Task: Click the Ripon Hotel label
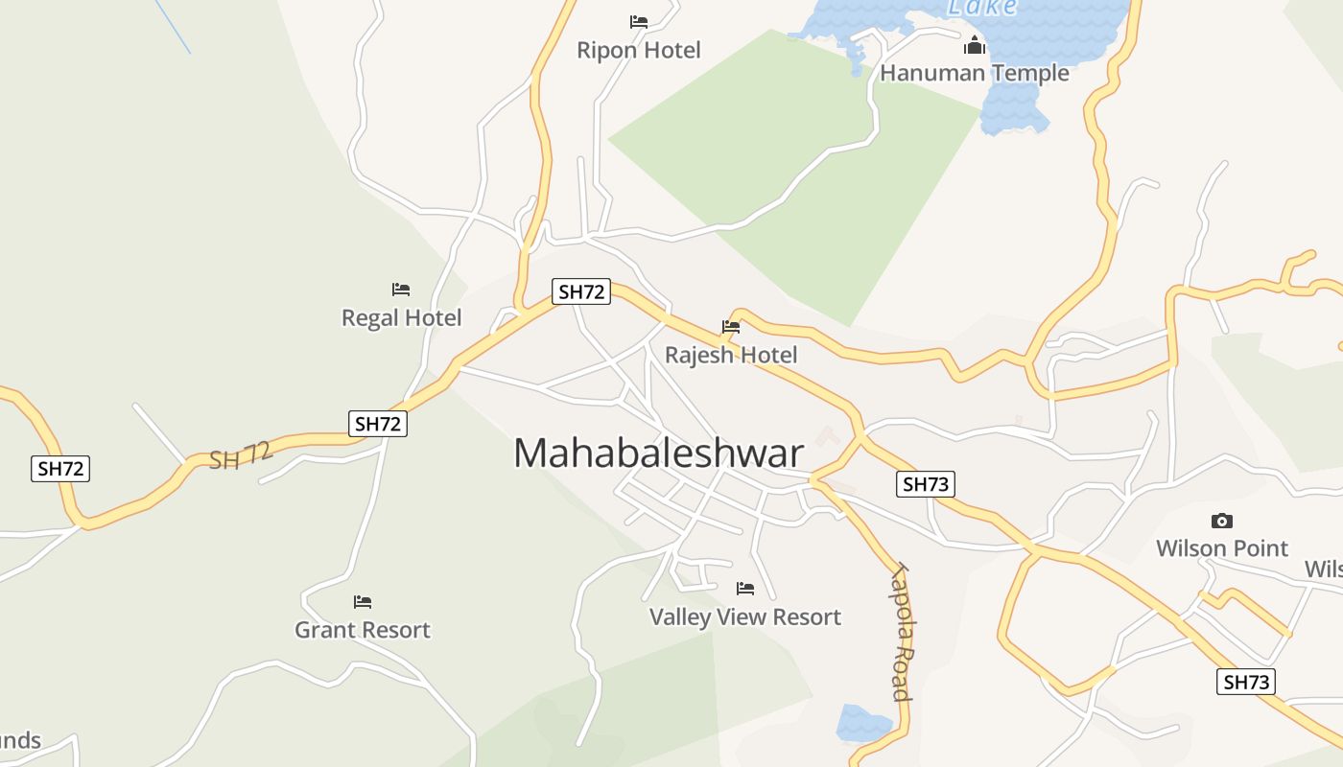(639, 50)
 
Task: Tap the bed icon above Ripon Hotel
(639, 21)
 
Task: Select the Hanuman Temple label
(974, 73)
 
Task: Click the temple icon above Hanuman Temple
(975, 45)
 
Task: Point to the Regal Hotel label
(402, 317)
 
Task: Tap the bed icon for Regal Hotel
(401, 289)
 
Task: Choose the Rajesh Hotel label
(731, 355)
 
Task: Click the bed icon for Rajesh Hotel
(731, 327)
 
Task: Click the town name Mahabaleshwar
(658, 453)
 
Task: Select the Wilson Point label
(1222, 548)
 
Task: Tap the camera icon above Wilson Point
(1222, 521)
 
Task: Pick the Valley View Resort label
(745, 616)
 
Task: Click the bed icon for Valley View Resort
(745, 588)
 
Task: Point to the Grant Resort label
(363, 630)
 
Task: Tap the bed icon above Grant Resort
(363, 602)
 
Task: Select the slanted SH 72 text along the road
(241, 455)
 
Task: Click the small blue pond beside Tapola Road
(862, 723)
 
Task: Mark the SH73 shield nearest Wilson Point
(1247, 682)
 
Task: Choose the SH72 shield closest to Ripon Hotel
(581, 291)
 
